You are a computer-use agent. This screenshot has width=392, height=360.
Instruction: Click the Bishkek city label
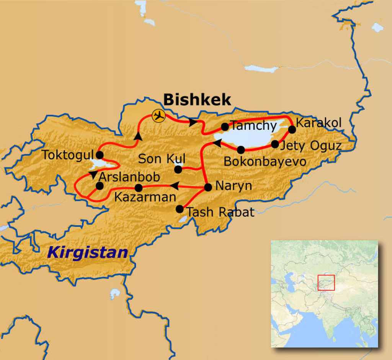point(197,100)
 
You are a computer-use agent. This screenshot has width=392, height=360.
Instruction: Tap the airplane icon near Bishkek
point(158,116)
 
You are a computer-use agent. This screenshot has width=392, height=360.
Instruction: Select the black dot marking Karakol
point(292,129)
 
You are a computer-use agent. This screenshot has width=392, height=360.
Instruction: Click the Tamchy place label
point(254,126)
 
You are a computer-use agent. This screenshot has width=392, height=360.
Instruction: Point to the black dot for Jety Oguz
point(275,144)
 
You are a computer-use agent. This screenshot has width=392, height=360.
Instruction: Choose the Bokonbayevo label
point(265,161)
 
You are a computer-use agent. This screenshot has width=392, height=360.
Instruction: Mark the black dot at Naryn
point(208,187)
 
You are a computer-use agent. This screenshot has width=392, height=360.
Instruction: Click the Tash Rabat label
point(220,212)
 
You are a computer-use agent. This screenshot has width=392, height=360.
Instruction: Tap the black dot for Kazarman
point(139,188)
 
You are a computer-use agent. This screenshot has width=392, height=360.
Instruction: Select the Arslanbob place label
point(129,177)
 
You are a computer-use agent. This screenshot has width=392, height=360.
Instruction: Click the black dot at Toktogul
point(100,155)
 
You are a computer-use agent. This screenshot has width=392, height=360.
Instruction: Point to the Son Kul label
point(162,158)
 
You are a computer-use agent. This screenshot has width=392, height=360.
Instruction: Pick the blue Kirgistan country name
point(88,253)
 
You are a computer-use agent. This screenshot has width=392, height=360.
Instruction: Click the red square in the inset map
point(326,282)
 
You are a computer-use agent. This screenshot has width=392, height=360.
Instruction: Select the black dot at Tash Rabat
point(180,209)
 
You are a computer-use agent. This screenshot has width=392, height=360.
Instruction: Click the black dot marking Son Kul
point(178,169)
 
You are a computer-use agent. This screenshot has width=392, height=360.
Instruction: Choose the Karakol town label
point(318,123)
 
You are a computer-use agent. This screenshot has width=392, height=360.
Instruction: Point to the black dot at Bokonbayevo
point(241,150)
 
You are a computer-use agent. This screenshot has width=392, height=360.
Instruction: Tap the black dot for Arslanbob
point(100,186)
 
